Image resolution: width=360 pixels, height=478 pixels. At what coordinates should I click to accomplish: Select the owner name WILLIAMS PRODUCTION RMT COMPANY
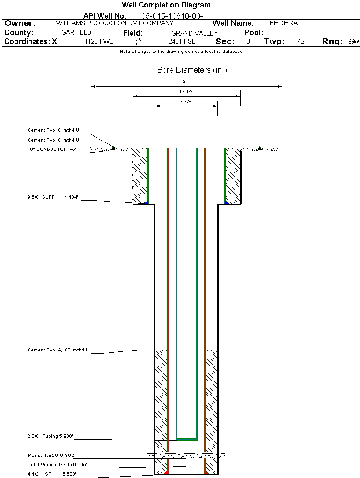[114, 23]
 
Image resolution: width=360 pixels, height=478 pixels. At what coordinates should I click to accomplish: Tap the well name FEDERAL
[286, 23]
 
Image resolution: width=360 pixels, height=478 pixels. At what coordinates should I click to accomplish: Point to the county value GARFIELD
[76, 33]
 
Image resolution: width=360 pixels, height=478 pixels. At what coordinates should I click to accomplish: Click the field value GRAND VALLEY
[194, 33]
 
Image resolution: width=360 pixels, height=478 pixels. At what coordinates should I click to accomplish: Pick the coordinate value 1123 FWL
[98, 42]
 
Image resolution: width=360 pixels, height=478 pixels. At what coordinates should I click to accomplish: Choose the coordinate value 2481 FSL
[182, 42]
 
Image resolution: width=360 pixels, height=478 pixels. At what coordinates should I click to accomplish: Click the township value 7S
[301, 42]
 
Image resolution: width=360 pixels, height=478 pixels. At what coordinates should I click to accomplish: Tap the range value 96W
[353, 42]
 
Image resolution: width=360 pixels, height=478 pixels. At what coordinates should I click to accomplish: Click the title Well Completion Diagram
[166, 5]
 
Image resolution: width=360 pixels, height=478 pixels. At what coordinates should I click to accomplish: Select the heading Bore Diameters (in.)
[192, 70]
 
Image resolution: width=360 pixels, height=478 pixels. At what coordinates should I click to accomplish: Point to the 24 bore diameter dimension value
[186, 82]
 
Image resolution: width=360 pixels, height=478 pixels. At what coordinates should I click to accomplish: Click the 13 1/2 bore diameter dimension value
[186, 91]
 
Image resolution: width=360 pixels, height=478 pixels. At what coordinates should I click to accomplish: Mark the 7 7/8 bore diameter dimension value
[186, 101]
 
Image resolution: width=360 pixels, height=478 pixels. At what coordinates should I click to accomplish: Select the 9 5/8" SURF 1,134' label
[51, 197]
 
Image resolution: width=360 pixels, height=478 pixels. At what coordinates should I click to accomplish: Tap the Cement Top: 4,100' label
[58, 350]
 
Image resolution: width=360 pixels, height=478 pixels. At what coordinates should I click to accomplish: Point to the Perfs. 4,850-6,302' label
[51, 455]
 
